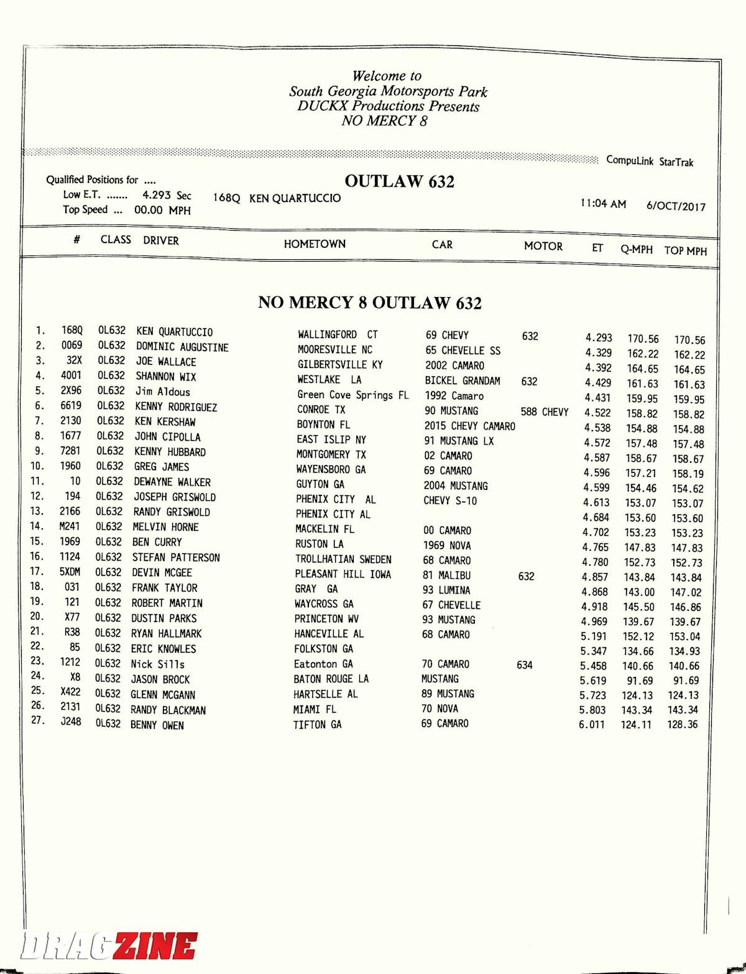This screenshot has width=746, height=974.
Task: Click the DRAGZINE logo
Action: pyautogui.click(x=109, y=947)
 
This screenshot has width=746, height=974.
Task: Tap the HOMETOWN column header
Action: pyautogui.click(x=315, y=244)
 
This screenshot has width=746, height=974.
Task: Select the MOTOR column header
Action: pyautogui.click(x=543, y=246)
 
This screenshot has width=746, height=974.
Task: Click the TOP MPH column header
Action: pyautogui.click(x=685, y=251)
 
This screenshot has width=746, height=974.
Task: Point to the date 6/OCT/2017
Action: pyautogui.click(x=676, y=206)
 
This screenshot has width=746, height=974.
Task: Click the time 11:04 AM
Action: pyautogui.click(x=603, y=204)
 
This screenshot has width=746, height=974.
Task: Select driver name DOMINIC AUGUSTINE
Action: pyautogui.click(x=182, y=347)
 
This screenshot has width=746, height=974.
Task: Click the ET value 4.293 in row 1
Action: pyautogui.click(x=598, y=338)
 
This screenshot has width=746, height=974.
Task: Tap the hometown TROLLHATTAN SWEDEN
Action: pyautogui.click(x=343, y=559)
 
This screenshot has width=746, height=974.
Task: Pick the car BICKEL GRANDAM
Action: pyautogui.click(x=463, y=380)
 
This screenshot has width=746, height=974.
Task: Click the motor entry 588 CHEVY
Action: pyautogui.click(x=545, y=412)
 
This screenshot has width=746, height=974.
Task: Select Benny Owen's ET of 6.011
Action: pyautogui.click(x=591, y=725)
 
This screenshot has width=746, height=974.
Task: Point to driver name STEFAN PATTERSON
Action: pyautogui.click(x=176, y=558)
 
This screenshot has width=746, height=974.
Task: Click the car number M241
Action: pyautogui.click(x=70, y=526)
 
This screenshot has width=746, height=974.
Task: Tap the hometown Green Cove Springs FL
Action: pyautogui.click(x=352, y=395)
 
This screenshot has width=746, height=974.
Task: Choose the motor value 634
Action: pyautogui.click(x=524, y=665)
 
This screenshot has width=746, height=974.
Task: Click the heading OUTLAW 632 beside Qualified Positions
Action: pyautogui.click(x=399, y=181)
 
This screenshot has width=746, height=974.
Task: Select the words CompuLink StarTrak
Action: pyautogui.click(x=650, y=161)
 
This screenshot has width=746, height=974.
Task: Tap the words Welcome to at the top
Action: pyautogui.click(x=387, y=76)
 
